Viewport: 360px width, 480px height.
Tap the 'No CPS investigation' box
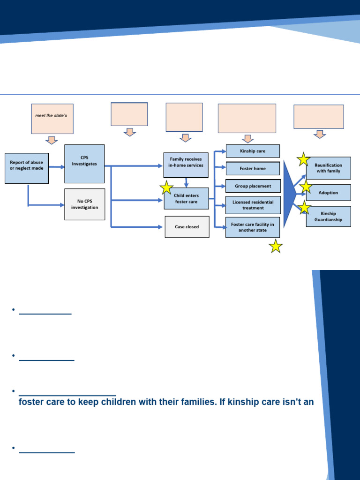84,204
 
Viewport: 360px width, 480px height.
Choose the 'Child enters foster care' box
187,199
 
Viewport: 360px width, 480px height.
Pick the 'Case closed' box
187,227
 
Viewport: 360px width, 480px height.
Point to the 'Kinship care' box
253,151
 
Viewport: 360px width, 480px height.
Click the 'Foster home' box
253,169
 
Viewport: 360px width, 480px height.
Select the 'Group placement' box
253,186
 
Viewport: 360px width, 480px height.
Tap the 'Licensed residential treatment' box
253,205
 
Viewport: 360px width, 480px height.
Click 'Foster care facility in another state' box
253,227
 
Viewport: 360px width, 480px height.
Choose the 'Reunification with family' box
328,168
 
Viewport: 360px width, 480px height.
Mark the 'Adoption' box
328,193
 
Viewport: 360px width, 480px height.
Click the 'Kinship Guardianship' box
328,217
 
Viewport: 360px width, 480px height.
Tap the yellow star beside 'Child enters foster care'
166,188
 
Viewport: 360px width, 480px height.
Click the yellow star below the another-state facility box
276,246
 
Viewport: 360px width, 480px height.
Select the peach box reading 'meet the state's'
52,119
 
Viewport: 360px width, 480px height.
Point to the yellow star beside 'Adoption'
306,187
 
